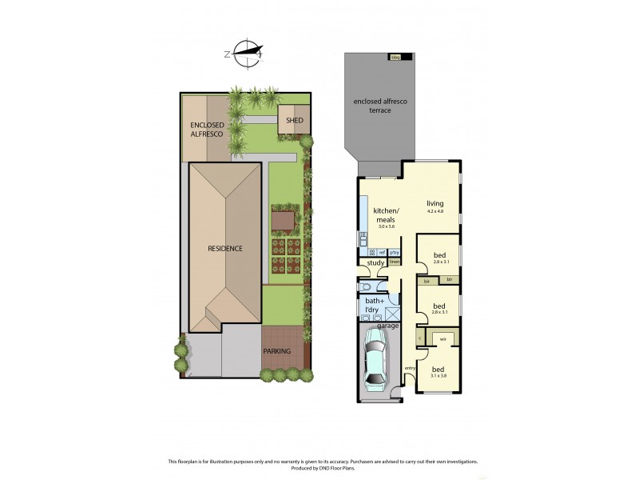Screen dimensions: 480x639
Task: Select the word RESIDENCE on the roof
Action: coord(224,248)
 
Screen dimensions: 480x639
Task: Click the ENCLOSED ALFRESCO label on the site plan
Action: coord(208,130)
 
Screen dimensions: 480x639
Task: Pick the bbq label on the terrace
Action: coord(395,57)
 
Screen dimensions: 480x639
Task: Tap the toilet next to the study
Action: coord(366,286)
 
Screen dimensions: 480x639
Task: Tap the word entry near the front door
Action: coord(410,367)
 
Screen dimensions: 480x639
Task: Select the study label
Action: coord(375,262)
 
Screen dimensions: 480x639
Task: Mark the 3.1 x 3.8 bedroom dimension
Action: coord(438,375)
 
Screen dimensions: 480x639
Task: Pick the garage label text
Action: coord(388,326)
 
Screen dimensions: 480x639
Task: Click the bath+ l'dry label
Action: coord(371,306)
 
